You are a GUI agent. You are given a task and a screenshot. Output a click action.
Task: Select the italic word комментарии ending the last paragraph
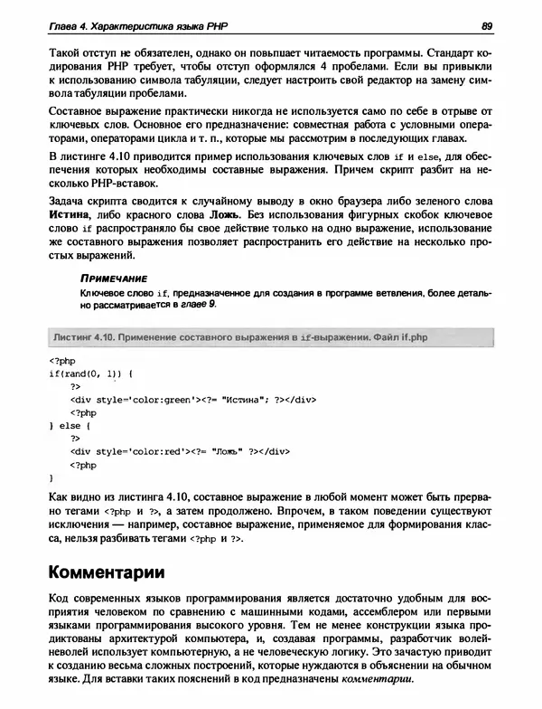pos(379,678)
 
